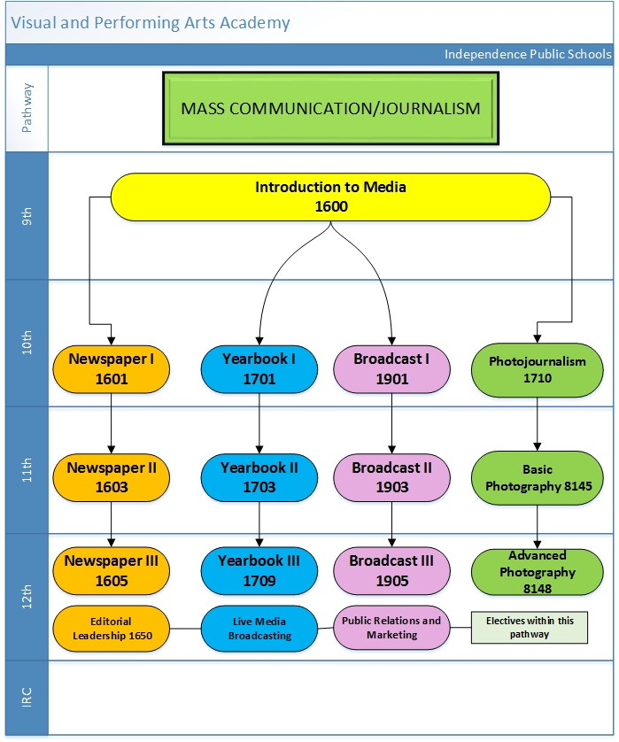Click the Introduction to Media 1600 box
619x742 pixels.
[x=330, y=197]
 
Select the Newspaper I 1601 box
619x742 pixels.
[x=111, y=368]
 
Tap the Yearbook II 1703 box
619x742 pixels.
[x=259, y=476]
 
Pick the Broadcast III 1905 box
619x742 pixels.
[x=391, y=570]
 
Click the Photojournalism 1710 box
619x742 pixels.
[x=537, y=368]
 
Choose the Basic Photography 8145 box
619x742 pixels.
[x=537, y=477]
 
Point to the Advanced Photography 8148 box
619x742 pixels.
[x=537, y=572]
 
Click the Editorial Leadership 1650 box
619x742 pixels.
[x=111, y=628]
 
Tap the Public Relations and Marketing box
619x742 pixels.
[x=391, y=628]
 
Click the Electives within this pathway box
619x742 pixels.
[x=529, y=627]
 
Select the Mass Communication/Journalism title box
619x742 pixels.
[x=330, y=109]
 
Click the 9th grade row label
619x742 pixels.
[x=27, y=217]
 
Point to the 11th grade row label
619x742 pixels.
[x=27, y=470]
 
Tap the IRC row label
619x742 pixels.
[x=27, y=697]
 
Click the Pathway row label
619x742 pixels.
[x=27, y=108]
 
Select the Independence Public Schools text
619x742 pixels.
[x=527, y=54]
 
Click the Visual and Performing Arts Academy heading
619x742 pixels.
[x=151, y=23]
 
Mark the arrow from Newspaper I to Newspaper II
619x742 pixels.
[x=111, y=429]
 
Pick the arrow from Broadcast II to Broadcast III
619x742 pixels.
[x=391, y=523]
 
